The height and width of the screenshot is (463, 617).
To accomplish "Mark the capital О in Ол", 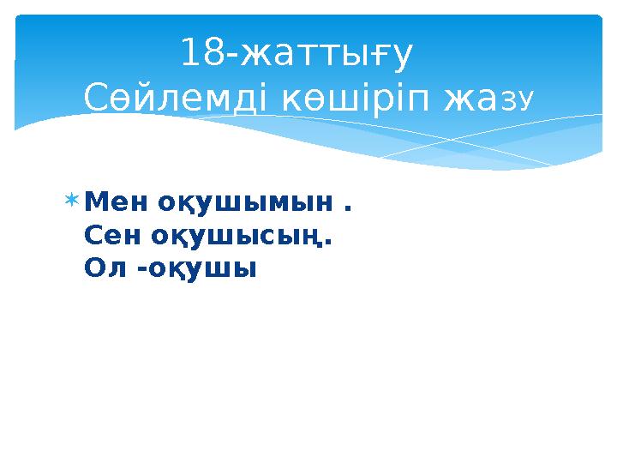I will pos(94,268).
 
